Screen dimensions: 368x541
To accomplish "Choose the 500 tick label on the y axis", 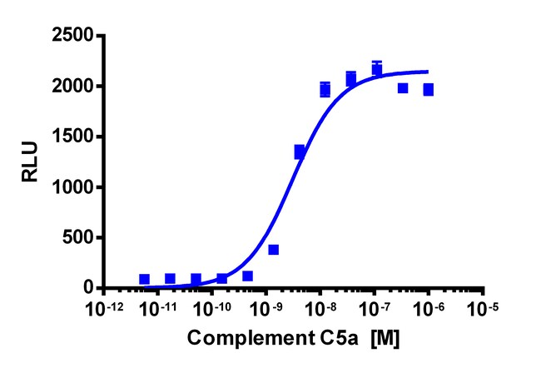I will (78, 238).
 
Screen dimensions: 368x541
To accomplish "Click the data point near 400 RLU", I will (273, 249).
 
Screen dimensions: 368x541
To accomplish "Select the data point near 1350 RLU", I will (300, 152).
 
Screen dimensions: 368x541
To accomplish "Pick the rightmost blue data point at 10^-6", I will (428, 89).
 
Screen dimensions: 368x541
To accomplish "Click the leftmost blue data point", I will (144, 280).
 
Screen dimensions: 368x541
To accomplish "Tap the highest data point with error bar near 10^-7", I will (377, 68).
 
